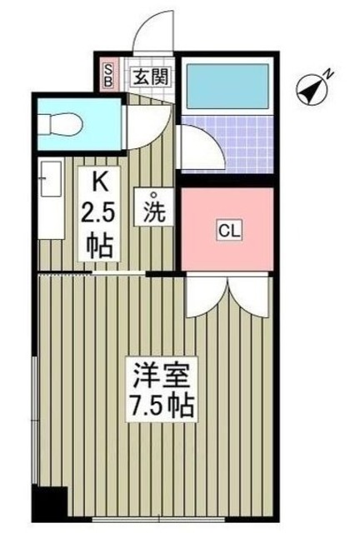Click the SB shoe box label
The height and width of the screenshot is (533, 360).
click(x=107, y=76)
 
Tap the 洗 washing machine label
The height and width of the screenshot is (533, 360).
click(x=156, y=212)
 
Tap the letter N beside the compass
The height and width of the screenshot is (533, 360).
click(x=329, y=74)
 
